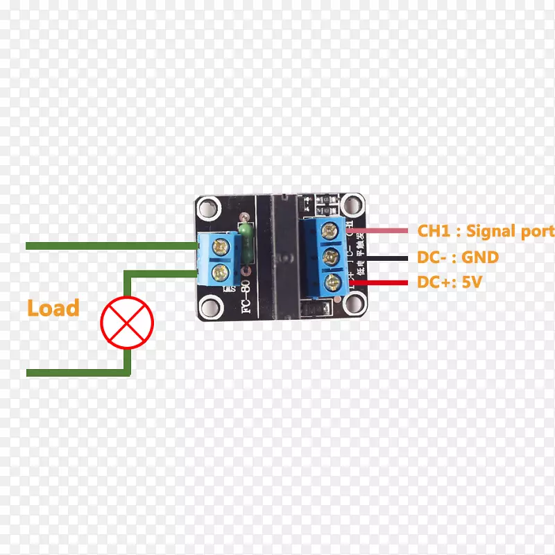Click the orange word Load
(x=53, y=308)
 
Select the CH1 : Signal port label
(x=486, y=231)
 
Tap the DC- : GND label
(x=457, y=257)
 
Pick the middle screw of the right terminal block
(x=330, y=255)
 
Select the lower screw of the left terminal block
(x=222, y=271)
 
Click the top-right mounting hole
(x=355, y=205)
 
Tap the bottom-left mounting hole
(x=209, y=307)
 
